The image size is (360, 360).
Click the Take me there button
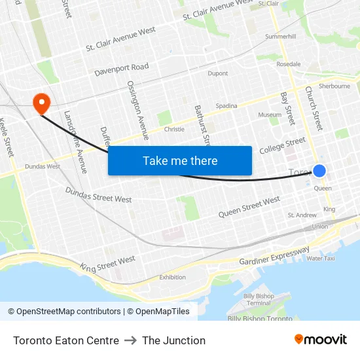pyautogui.click(x=180, y=161)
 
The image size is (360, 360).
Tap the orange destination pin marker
pyautogui.click(x=41, y=102)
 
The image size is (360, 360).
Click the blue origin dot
pyautogui.click(x=319, y=171)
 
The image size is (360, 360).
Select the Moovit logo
pyautogui.click(x=321, y=340)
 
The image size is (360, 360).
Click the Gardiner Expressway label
pyautogui.click(x=274, y=256)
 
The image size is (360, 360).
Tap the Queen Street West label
pyautogui.click(x=249, y=206)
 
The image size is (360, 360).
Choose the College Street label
pyautogui.click(x=282, y=145)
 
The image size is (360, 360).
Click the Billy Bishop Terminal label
pyautogui.click(x=257, y=300)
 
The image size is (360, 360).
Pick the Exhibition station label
pyautogui.click(x=172, y=277)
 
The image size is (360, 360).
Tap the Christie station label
pyautogui.click(x=174, y=129)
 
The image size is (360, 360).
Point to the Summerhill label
pyautogui.click(x=280, y=37)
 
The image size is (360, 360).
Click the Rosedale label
pyautogui.click(x=289, y=64)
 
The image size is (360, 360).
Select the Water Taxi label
pyautogui.click(x=320, y=259)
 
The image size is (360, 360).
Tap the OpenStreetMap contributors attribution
pyautogui.click(x=69, y=312)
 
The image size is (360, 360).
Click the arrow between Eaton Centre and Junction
pyautogui.click(x=130, y=340)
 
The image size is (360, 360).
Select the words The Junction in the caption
pyautogui.click(x=173, y=340)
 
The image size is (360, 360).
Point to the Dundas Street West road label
pyautogui.click(x=98, y=194)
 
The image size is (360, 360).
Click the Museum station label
pyautogui.click(x=270, y=115)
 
